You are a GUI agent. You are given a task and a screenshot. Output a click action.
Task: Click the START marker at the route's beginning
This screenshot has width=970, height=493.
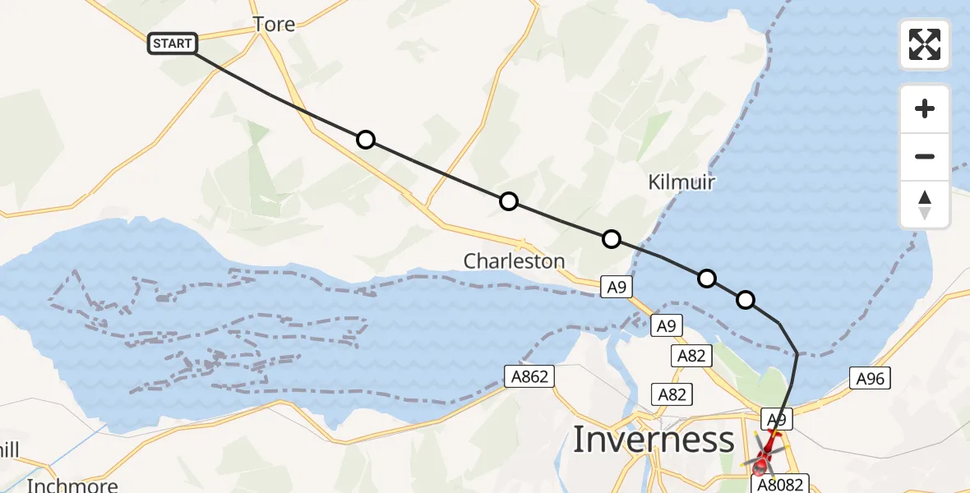point(173,44)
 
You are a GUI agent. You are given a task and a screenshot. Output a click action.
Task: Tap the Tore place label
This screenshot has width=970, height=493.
point(274,25)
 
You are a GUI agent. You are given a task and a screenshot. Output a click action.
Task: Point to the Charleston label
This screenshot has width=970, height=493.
point(514,261)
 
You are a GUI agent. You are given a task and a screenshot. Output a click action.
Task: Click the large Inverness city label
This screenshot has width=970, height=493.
point(653,440)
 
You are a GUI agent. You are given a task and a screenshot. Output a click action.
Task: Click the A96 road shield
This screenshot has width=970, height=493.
point(870,379)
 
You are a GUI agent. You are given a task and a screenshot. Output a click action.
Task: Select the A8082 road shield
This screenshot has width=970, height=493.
point(779,485)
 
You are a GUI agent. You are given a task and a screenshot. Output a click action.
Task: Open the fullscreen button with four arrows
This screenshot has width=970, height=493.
point(925,44)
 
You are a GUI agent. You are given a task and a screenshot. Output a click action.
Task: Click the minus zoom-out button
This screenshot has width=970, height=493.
point(925,156)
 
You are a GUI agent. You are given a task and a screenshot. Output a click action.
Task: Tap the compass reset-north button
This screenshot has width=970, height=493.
point(925,205)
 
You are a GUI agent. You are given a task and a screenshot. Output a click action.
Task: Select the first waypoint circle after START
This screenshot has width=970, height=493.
point(366,140)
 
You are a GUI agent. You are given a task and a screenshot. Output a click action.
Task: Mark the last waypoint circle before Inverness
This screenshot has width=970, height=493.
point(745,300)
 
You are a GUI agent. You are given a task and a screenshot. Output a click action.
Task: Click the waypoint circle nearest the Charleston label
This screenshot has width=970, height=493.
point(509,201)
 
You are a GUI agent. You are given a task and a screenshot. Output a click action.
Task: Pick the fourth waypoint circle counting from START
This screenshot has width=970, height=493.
point(707,279)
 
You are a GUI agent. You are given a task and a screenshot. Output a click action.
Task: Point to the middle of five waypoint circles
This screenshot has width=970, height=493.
point(611,239)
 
